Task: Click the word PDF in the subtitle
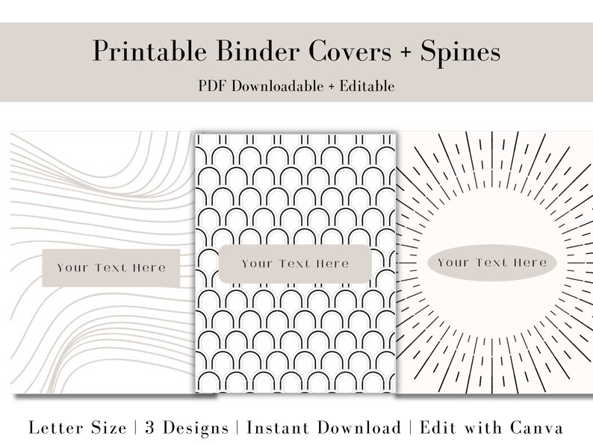tap(214, 86)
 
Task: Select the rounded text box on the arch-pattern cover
tap(295, 264)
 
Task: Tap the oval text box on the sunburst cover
tap(491, 263)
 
